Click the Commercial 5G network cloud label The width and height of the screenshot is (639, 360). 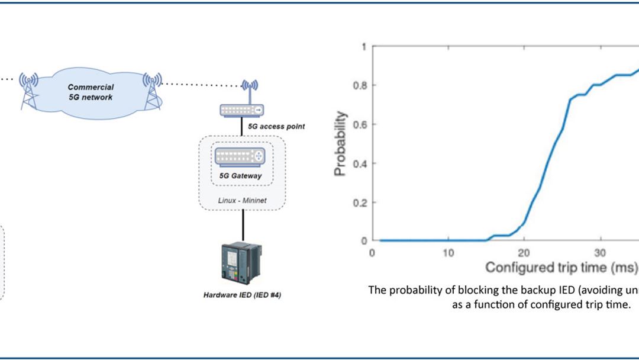click(90, 92)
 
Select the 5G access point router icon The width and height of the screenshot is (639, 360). click(242, 110)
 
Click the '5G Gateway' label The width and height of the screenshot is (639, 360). click(240, 176)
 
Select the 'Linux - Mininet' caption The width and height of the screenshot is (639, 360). click(242, 201)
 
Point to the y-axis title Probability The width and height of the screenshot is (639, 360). click(340, 144)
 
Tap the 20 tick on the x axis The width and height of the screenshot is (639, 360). click(524, 252)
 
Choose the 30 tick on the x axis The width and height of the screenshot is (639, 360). click(600, 252)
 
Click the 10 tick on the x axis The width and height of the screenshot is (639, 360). click(448, 252)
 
